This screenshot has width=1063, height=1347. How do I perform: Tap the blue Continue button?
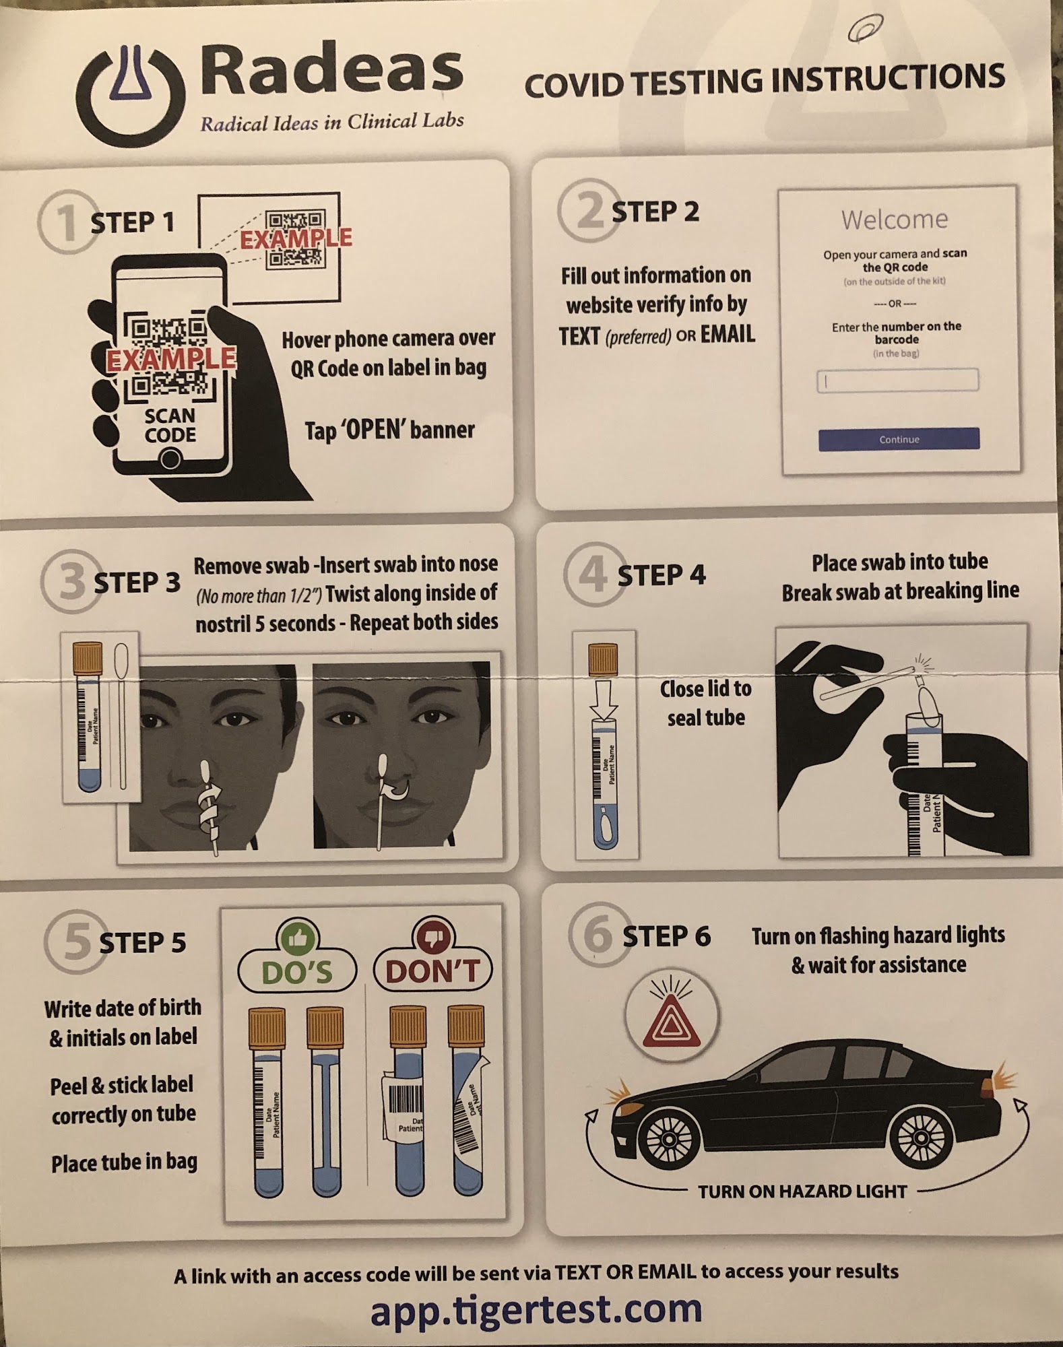click(899, 439)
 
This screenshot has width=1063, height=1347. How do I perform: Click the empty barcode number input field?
click(898, 381)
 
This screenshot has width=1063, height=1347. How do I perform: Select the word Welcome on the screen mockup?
click(895, 220)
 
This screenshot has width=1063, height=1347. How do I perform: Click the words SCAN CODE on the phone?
click(170, 425)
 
